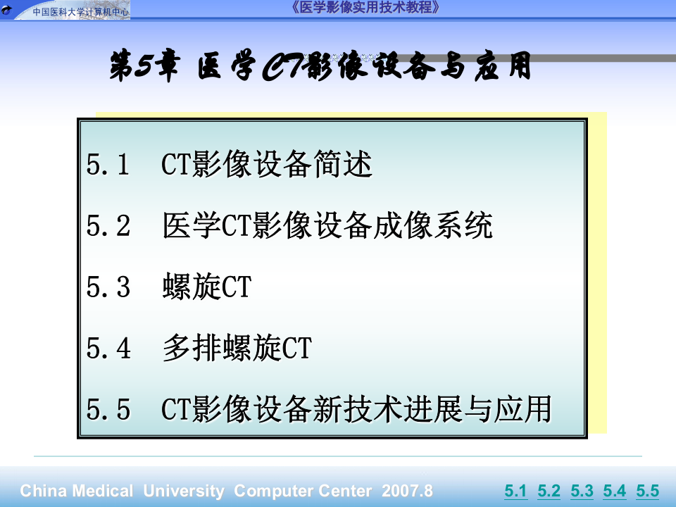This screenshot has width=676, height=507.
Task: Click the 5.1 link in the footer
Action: [x=515, y=491]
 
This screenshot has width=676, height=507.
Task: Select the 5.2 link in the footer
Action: [x=549, y=491]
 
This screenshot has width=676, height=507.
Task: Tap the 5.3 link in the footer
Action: [x=582, y=491]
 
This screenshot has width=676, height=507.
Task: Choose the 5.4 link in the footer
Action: [x=615, y=491]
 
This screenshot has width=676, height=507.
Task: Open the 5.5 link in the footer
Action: [x=648, y=491]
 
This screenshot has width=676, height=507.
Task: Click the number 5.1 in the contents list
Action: [x=108, y=165]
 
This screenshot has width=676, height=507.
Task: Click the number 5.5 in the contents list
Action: [x=108, y=409]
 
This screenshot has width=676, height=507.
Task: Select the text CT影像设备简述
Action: [x=267, y=165]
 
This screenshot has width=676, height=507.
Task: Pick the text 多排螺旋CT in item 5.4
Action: [x=237, y=348]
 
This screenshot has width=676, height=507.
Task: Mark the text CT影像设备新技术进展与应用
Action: [x=356, y=409]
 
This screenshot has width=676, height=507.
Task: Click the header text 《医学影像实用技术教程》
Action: [x=369, y=8]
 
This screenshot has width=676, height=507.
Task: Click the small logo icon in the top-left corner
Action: [x=7, y=9]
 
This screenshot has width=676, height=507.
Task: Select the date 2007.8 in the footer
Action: [x=407, y=491]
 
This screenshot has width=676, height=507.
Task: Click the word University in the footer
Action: [x=184, y=491]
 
